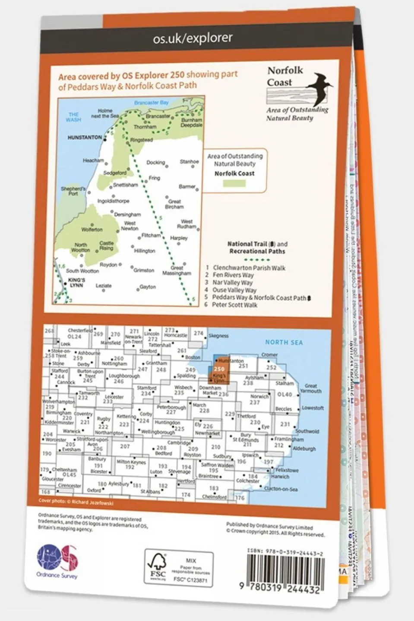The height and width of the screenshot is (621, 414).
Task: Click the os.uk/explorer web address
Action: click(193, 38)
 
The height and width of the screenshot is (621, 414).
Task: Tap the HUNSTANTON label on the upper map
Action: click(85, 138)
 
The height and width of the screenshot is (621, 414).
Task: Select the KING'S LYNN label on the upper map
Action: click(76, 282)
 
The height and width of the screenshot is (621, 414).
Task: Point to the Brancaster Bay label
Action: click(151, 103)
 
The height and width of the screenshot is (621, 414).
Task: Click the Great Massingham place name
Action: click(177, 271)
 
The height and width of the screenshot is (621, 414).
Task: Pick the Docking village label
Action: click(155, 163)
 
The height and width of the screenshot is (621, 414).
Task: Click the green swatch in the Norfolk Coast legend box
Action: click(234, 183)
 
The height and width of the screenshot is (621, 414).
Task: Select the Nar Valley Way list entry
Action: click(232, 283)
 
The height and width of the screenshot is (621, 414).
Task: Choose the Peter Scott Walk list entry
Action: click(234, 305)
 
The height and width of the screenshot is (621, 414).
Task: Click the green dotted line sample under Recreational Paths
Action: click(256, 260)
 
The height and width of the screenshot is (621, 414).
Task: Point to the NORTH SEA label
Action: click(284, 342)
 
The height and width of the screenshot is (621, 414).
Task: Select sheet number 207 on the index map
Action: click(125, 447)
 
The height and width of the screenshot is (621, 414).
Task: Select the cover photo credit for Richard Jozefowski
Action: click(76, 502)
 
